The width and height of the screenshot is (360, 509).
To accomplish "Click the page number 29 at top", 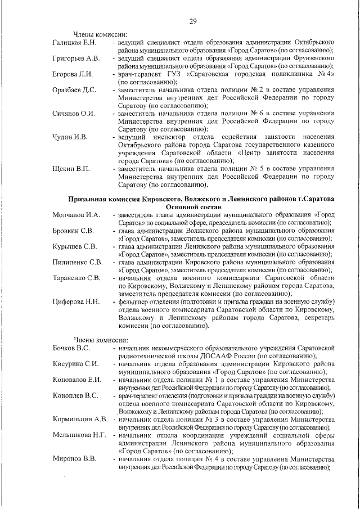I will tap(192, 21).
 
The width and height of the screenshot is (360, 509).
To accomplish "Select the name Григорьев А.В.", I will tap(76, 58).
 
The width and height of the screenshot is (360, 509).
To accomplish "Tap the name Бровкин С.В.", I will tap(73, 231).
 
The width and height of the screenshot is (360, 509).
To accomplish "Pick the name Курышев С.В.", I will tap(75, 246).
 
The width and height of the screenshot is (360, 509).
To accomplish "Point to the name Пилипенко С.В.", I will tap(78, 262).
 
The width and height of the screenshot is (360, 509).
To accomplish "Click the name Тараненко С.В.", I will tap(77, 278).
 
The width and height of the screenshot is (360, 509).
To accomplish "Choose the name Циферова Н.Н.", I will tap(76, 302).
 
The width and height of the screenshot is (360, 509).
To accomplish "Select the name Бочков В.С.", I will tap(71, 348).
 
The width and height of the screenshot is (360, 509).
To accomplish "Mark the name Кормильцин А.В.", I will tap(80, 419).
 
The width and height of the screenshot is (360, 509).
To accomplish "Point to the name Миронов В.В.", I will tap(74, 459).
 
